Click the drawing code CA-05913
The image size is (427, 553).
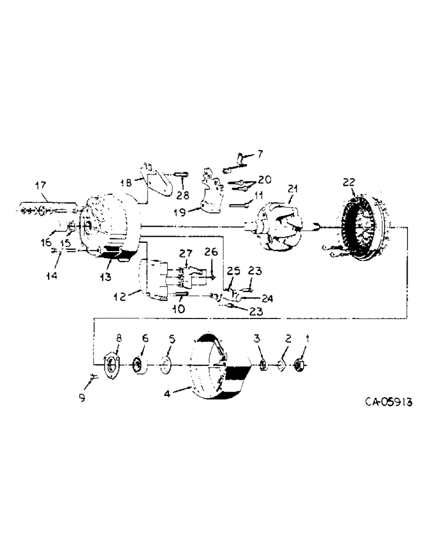click(388, 403)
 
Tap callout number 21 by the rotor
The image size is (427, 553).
click(292, 189)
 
